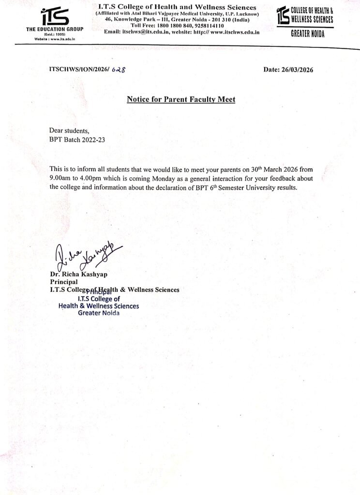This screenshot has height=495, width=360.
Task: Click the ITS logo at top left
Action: [x=55, y=15]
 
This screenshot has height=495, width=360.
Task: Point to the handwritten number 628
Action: [x=119, y=70]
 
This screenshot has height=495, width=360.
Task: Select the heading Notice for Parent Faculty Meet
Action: [x=180, y=100]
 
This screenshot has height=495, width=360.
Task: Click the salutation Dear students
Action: [x=70, y=131]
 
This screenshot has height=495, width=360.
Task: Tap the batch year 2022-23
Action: [x=92, y=139]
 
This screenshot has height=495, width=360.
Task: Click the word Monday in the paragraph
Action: [x=170, y=178]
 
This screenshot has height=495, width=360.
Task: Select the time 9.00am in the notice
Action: [x=61, y=178]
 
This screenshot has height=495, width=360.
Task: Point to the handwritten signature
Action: [x=86, y=256]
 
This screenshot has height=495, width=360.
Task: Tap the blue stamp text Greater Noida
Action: [x=98, y=313]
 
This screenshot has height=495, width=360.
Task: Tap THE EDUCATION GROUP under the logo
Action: [x=55, y=29]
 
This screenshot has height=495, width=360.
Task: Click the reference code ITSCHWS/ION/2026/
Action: [x=79, y=70]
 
